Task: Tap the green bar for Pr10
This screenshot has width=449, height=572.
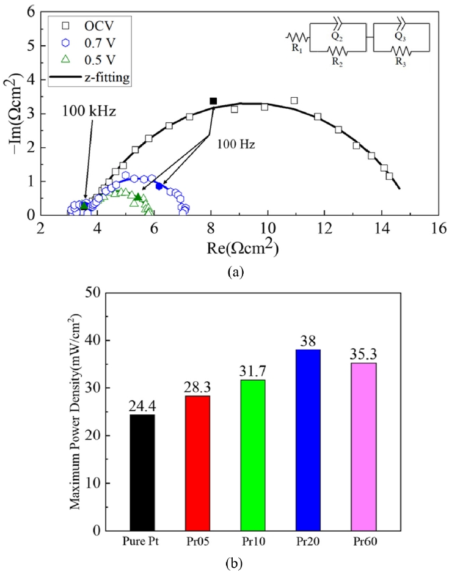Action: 252,455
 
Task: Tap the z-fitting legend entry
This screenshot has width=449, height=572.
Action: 86,79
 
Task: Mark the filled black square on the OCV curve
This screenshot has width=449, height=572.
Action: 213,101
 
